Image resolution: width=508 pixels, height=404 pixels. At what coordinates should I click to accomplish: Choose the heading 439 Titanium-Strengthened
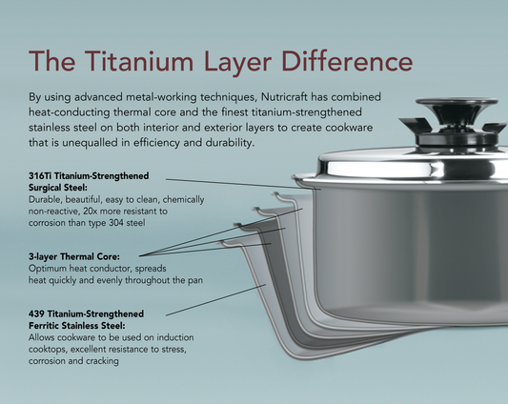87,313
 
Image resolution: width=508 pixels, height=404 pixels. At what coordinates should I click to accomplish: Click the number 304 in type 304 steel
124,221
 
